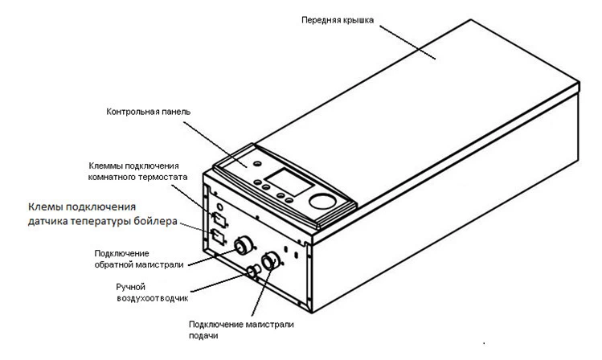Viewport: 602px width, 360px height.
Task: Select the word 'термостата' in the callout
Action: [164, 177]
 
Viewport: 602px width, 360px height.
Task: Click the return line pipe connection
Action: [243, 246]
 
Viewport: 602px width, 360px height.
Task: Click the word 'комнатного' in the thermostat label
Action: [123, 177]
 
